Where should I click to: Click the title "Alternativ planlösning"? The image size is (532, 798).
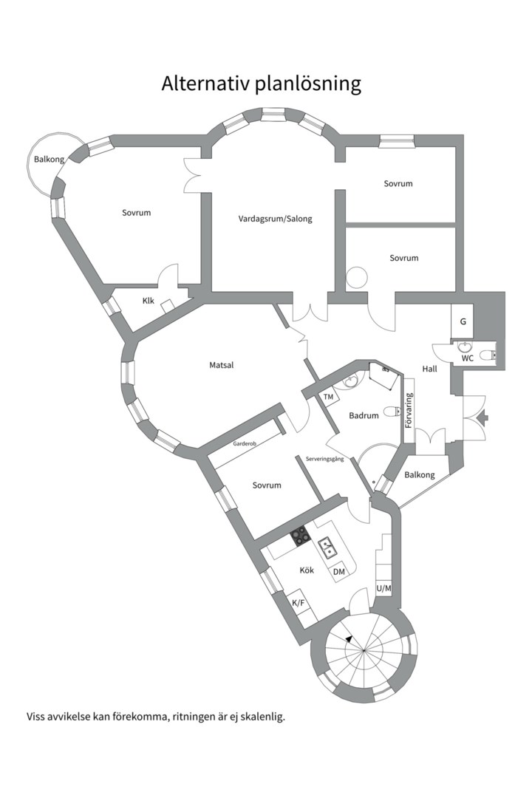point(261,83)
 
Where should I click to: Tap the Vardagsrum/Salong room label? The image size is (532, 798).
point(275,219)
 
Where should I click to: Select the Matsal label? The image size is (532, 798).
point(221,364)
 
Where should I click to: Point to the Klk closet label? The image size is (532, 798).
point(149,301)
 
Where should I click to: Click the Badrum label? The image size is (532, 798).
point(364,416)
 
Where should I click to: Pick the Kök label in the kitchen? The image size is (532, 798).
point(307,570)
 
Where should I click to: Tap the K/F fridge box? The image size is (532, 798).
point(299,604)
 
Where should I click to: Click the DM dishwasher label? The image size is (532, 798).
point(339,572)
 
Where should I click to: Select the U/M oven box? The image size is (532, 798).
point(383,589)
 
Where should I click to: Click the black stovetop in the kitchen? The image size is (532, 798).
point(299,536)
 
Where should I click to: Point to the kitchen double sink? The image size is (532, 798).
point(328,548)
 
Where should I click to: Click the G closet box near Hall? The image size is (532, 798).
point(463,322)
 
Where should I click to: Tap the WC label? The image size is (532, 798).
point(467,358)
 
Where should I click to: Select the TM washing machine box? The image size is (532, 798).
point(329,398)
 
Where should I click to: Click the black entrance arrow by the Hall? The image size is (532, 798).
point(483,418)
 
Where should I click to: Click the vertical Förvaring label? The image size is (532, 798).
point(409,411)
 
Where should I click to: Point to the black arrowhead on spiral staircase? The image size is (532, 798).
point(349,638)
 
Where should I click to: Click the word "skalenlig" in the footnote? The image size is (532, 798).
point(261,716)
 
